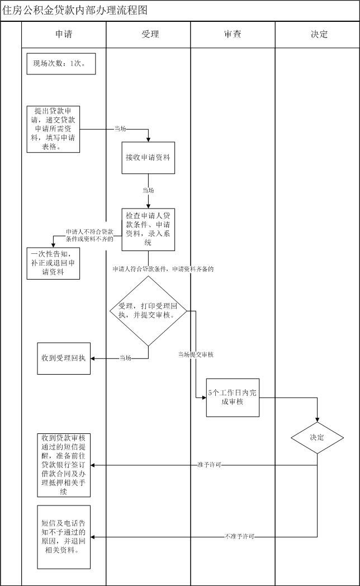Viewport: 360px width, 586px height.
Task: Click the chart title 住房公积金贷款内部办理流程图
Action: (x=75, y=10)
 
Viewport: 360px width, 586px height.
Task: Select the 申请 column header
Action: (x=64, y=34)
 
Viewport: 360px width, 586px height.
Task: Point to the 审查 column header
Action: (x=232, y=34)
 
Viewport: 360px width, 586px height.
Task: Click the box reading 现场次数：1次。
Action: (x=61, y=64)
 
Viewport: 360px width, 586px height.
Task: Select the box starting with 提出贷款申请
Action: (x=53, y=129)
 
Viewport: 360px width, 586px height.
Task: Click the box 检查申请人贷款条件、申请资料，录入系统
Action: (x=149, y=229)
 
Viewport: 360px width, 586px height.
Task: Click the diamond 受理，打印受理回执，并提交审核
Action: (x=148, y=311)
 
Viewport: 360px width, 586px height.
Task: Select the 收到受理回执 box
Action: (x=64, y=357)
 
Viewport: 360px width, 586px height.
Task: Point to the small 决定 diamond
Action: (x=317, y=437)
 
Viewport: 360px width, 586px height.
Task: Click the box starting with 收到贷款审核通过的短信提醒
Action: (x=64, y=465)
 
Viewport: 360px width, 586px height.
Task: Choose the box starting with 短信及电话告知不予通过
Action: (x=64, y=537)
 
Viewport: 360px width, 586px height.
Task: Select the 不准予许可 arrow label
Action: (x=240, y=537)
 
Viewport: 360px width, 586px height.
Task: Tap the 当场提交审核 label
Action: (x=196, y=355)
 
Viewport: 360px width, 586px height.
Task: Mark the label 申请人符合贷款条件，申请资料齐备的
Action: (x=163, y=269)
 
